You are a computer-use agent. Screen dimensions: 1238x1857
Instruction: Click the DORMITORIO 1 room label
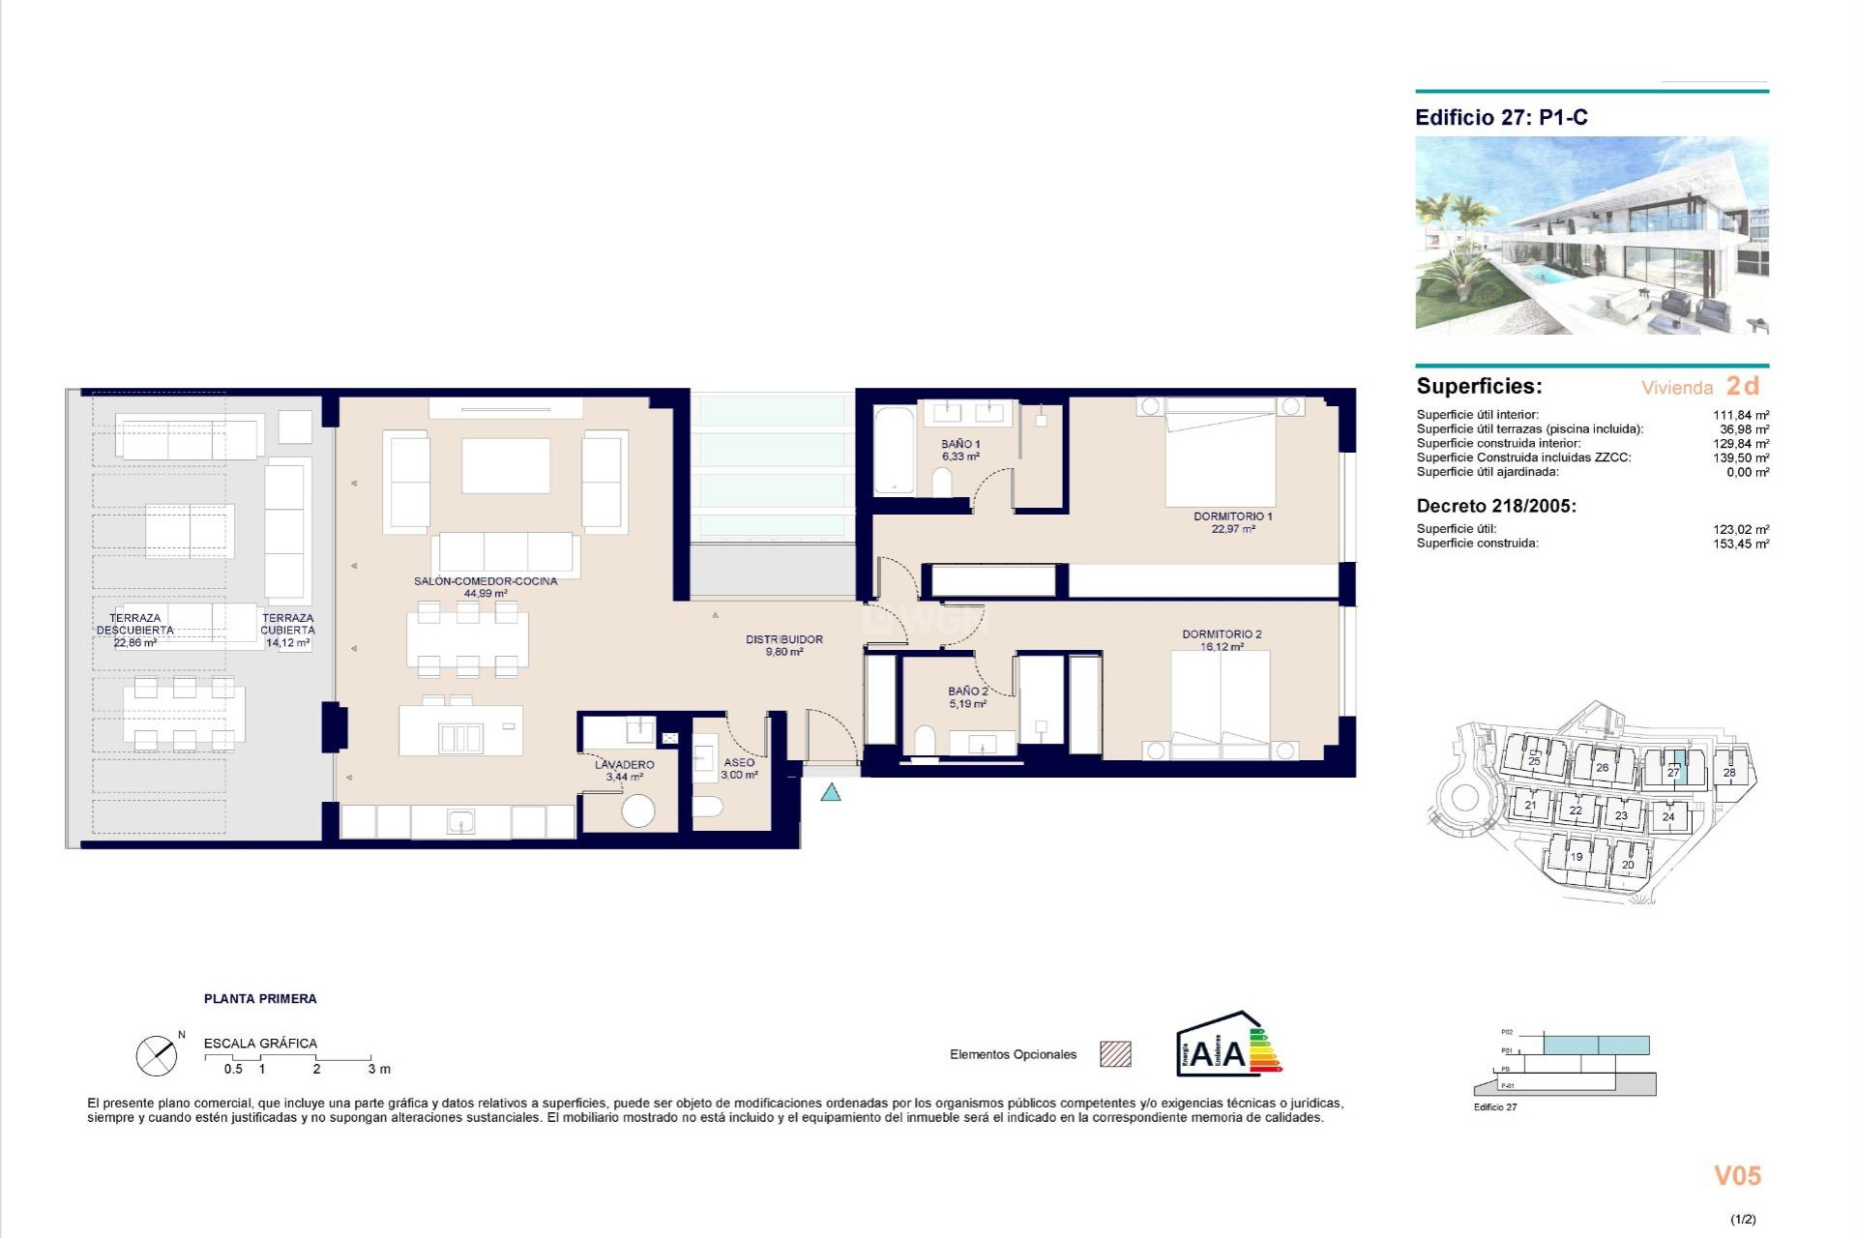click(1232, 516)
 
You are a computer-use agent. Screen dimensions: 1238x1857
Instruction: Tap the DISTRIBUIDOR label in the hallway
click(783, 639)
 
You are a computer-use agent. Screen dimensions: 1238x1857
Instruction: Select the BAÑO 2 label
click(967, 692)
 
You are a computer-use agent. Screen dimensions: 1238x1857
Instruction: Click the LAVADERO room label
click(624, 765)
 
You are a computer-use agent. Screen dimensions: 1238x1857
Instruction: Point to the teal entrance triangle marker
click(831, 793)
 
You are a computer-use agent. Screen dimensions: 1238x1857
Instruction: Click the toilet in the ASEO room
click(707, 806)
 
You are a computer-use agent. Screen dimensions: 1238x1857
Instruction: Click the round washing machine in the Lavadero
click(638, 811)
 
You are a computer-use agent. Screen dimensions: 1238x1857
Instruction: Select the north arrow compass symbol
click(157, 1055)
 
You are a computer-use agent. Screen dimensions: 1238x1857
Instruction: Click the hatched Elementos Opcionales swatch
click(1115, 1054)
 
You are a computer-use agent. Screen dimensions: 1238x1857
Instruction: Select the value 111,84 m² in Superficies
click(1740, 415)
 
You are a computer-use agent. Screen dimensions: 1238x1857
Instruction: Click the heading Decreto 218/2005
click(1495, 506)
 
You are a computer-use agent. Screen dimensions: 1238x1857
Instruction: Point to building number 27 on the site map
click(1673, 771)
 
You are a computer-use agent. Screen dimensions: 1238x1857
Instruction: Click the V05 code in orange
click(1737, 1175)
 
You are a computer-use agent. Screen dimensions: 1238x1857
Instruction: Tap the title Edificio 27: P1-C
click(1501, 118)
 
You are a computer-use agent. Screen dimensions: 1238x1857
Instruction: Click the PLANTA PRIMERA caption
click(260, 998)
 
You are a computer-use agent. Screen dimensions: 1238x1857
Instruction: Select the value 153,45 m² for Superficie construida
click(1740, 544)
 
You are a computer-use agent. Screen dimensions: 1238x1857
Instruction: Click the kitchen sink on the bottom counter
click(460, 822)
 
